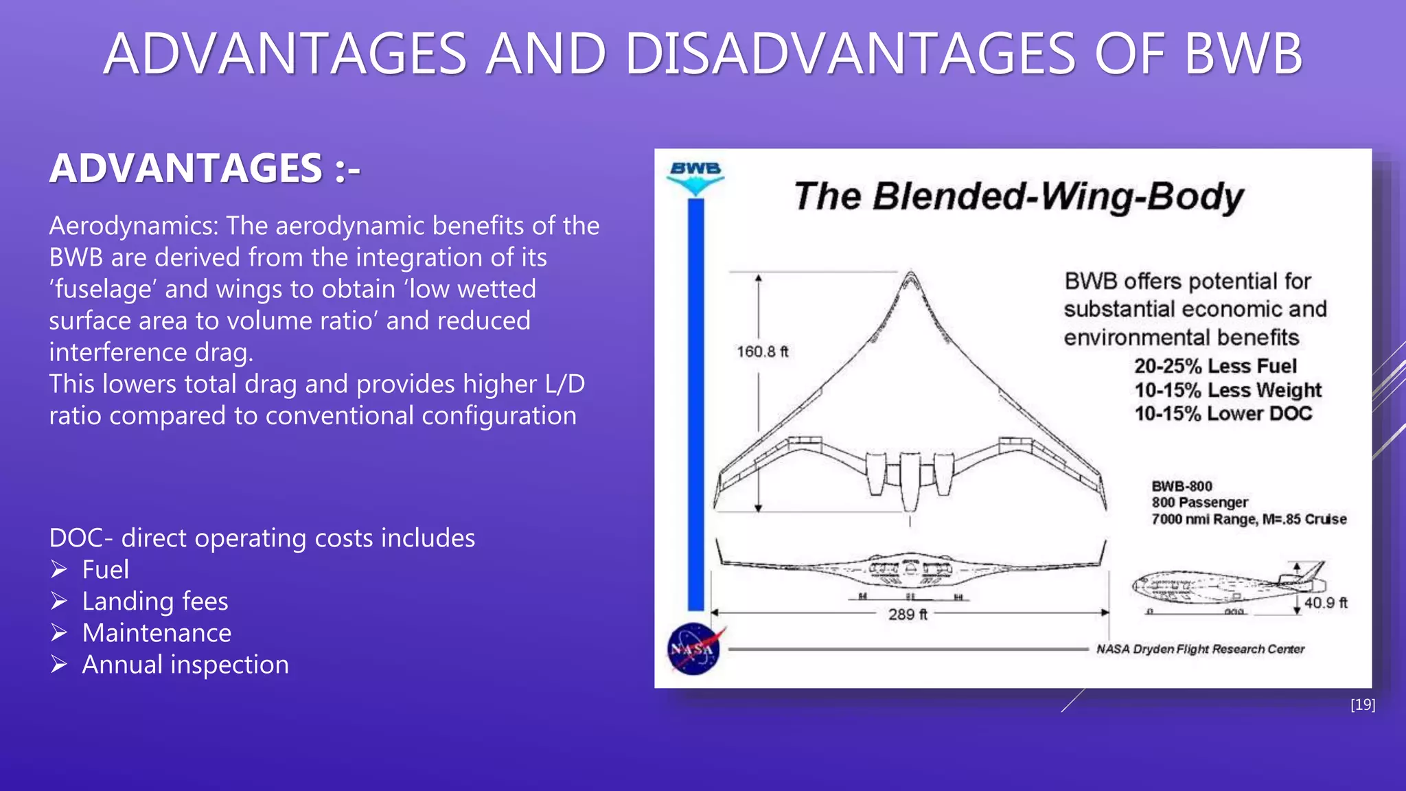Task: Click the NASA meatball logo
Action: point(694,648)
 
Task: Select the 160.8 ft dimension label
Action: point(762,352)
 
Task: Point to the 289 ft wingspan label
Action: point(907,614)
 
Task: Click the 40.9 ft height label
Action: point(1325,603)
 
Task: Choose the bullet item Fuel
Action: point(105,569)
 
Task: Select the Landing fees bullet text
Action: point(154,601)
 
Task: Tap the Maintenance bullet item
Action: point(157,632)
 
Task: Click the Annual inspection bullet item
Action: point(185,664)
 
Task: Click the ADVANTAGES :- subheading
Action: point(205,168)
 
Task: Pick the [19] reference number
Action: point(1362,704)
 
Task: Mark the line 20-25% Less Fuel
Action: point(1214,366)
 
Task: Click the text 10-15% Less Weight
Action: point(1228,390)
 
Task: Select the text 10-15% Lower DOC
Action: point(1223,413)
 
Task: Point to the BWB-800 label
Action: point(1182,486)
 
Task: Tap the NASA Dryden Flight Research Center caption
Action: point(1200,649)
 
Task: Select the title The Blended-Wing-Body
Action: point(1019,196)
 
